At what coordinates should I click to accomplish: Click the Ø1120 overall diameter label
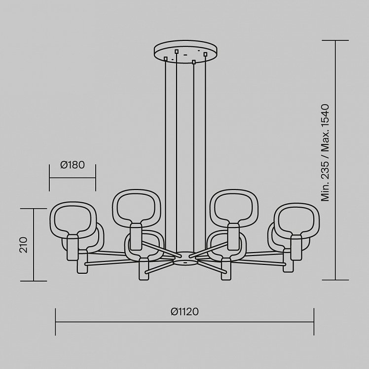[x=184, y=312]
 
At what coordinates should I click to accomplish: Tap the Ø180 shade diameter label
[x=73, y=165]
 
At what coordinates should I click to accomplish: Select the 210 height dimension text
[x=23, y=245]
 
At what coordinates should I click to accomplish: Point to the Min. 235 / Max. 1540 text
[x=325, y=152]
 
